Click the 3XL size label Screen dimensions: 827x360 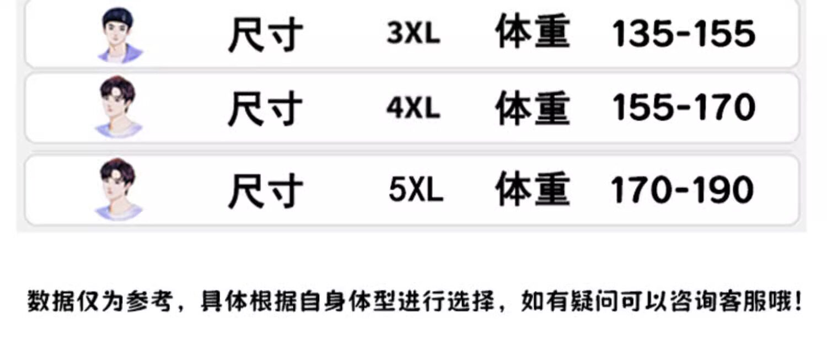click(413, 34)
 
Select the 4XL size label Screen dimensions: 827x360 click(413, 108)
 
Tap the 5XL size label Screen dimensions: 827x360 click(416, 190)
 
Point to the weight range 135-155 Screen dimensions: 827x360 click(684, 34)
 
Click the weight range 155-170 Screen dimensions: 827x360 click(684, 108)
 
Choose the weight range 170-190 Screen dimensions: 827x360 click(682, 190)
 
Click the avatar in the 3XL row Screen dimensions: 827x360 click(120, 34)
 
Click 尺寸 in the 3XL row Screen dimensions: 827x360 click(265, 35)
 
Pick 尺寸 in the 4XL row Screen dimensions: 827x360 click(265, 109)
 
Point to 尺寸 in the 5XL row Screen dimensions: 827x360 click(265, 190)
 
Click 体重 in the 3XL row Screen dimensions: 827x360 click(532, 33)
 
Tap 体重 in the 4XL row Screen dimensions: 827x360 click(532, 108)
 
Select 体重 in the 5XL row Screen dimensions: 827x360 click(532, 189)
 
